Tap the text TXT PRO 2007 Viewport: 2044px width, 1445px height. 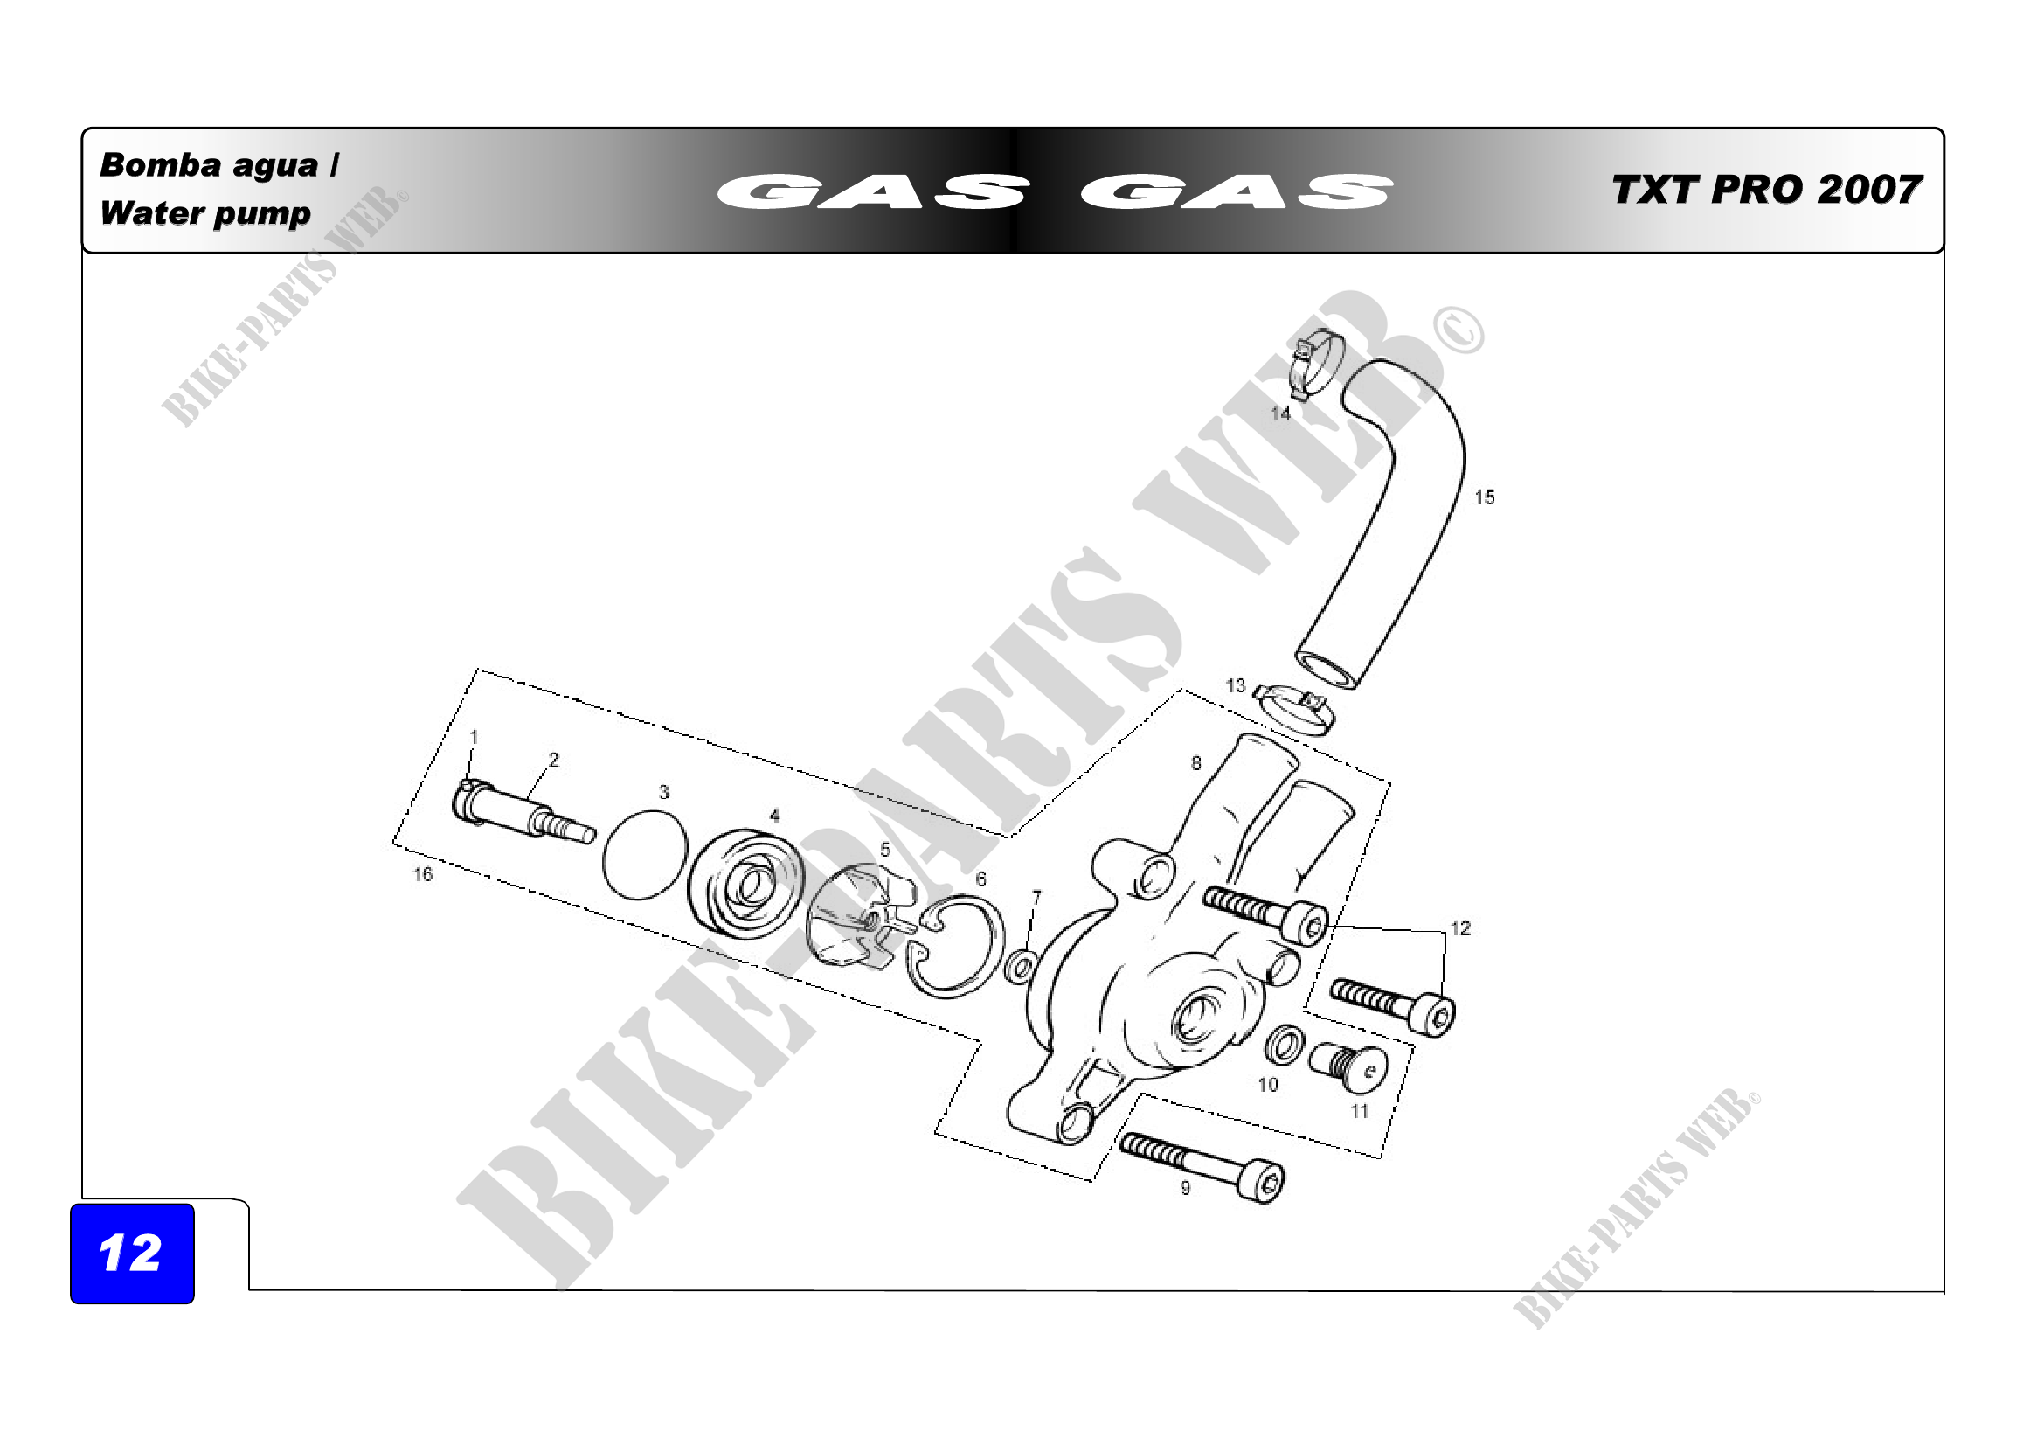pos(1766,190)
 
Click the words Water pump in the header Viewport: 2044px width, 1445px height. pos(205,213)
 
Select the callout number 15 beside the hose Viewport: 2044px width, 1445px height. pos(1484,497)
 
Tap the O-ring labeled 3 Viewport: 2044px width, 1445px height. pos(646,855)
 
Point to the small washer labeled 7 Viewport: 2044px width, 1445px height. pos(1020,966)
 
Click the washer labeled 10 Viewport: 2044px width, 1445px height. pos(1284,1045)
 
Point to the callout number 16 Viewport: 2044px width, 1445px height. pos(423,874)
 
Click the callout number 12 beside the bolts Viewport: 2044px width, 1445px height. pos(1460,928)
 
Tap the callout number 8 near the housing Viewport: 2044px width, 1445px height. pos(1195,763)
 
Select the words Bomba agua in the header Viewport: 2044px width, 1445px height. pos(209,165)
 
